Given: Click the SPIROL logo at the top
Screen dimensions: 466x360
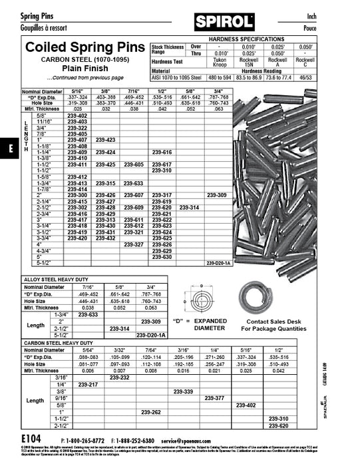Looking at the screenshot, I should pos(224,23).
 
